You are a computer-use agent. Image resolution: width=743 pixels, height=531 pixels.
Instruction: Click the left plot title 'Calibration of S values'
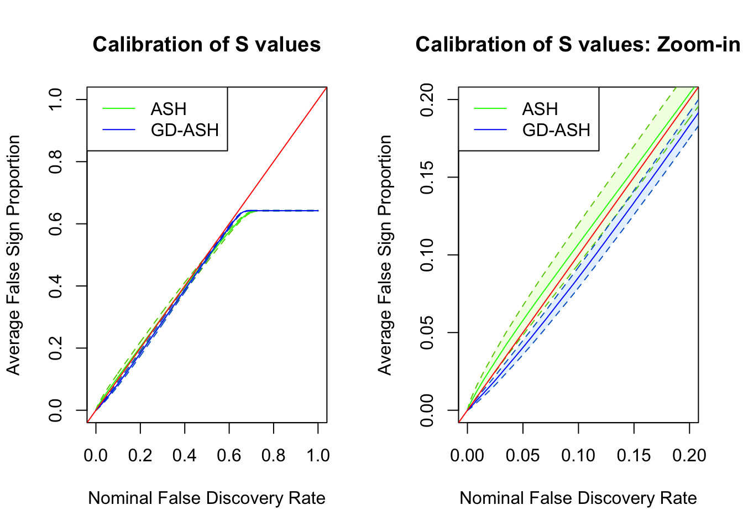point(207,44)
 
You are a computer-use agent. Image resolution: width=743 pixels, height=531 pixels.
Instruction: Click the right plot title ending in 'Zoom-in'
point(578,44)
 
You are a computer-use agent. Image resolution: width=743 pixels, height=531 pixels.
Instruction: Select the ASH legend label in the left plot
point(169,109)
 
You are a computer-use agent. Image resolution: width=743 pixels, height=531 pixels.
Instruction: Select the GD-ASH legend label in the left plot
point(185,130)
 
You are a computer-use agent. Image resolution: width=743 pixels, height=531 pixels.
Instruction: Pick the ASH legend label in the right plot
point(540,109)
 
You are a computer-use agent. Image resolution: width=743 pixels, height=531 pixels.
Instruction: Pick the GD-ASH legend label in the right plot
point(556,130)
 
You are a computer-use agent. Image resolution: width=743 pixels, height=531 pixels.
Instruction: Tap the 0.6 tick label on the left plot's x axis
point(229,455)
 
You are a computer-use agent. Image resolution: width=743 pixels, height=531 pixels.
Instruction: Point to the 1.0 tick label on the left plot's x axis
point(318,455)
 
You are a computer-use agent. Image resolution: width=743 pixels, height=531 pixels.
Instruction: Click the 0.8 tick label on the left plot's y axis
point(55,162)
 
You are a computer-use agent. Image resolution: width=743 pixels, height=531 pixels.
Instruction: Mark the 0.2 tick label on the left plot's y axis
point(55,348)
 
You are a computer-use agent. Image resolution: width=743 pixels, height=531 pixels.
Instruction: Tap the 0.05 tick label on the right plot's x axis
point(523,455)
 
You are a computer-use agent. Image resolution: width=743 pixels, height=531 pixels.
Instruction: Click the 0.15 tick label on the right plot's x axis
point(634,455)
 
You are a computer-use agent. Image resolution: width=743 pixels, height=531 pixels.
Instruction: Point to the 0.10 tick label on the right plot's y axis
point(427,255)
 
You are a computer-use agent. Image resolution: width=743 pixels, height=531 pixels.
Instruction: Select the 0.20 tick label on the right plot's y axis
point(427,100)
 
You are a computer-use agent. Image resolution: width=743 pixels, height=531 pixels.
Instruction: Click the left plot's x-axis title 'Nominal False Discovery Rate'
point(207,498)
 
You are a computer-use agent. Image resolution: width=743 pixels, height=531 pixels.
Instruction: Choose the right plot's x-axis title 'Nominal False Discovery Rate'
point(578,498)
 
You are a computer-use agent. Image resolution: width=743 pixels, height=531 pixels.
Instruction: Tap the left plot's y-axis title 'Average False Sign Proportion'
point(13,255)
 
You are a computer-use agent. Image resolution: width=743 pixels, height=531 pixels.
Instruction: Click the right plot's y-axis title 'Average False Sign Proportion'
point(385,255)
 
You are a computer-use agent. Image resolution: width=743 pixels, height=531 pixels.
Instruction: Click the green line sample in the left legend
point(119,109)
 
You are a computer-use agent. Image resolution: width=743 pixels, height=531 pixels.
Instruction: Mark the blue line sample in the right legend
point(490,130)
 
